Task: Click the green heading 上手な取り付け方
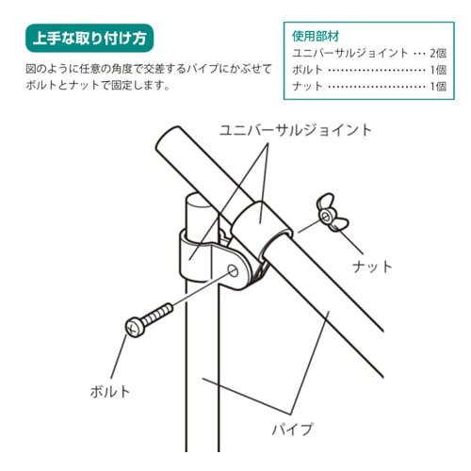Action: (x=89, y=40)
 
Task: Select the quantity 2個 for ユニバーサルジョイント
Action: (x=437, y=53)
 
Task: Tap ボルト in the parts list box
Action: (x=309, y=70)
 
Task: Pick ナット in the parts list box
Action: (x=309, y=87)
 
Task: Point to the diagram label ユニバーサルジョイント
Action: (x=296, y=129)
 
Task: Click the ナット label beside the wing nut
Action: (x=371, y=267)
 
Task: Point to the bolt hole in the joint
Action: (x=234, y=270)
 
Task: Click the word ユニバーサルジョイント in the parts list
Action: (x=350, y=53)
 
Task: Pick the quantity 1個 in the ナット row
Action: (x=437, y=87)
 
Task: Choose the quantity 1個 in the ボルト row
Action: (x=437, y=70)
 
